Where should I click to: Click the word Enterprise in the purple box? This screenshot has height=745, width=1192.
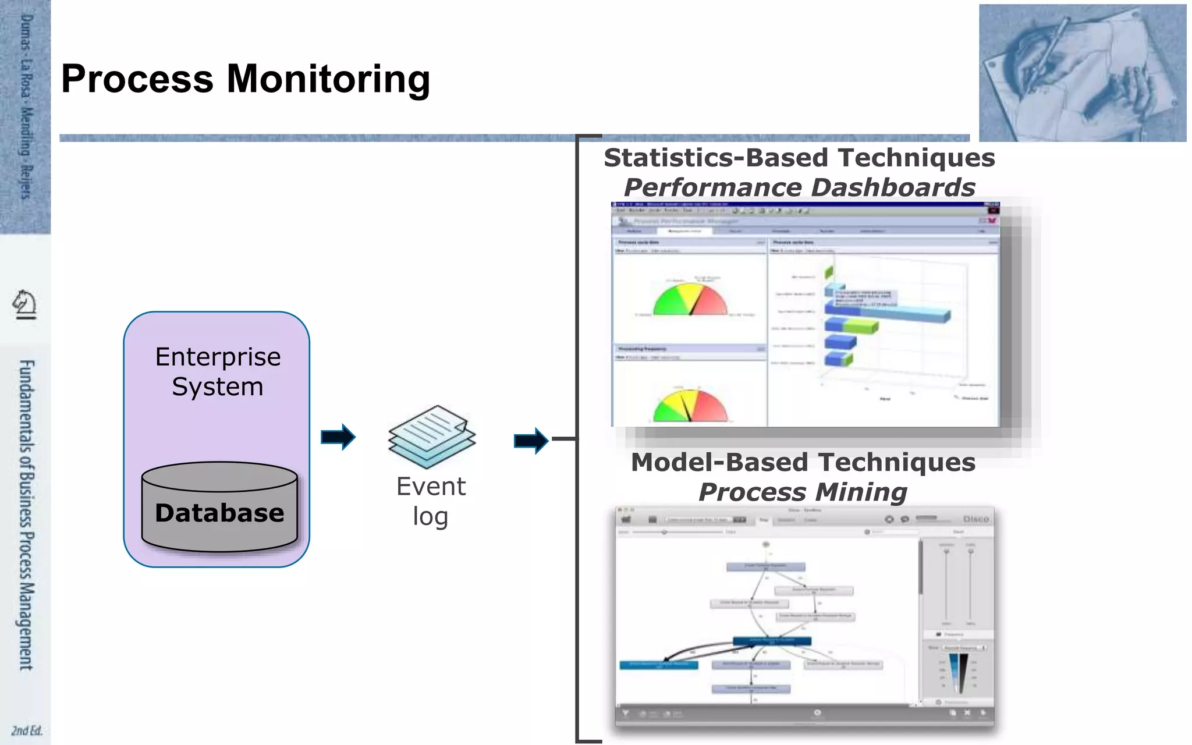pos(218,357)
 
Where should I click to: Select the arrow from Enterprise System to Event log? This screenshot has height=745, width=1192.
pos(338,437)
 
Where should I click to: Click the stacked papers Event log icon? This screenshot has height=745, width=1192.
pos(432,437)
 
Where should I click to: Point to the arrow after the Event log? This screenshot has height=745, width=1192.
pos(531,441)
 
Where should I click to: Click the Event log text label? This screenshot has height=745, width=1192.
pos(431,501)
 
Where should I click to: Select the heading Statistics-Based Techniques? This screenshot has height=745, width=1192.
pos(799,158)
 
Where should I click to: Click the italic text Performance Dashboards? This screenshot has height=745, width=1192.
pos(799,187)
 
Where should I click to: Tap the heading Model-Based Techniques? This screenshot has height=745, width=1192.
pos(803,463)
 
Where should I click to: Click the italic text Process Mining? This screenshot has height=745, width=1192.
pos(803,492)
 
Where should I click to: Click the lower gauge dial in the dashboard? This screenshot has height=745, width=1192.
pos(690,406)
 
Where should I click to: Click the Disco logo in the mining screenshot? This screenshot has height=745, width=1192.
pos(975,519)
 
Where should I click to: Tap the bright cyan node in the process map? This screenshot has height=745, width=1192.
pos(658,665)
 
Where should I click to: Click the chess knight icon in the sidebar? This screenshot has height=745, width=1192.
pos(24,304)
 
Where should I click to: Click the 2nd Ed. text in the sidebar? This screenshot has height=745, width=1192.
pos(27,730)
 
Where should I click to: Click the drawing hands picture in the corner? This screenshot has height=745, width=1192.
pos(1082,73)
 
